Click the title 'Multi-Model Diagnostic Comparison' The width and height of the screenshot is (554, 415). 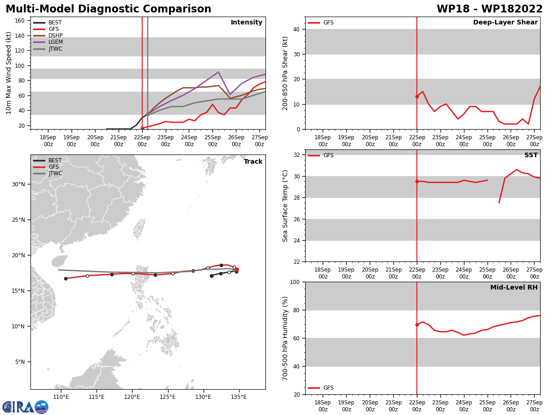[x=108, y=9]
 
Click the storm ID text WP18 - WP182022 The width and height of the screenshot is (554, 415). [x=489, y=9]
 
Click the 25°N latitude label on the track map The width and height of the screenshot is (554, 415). [x=18, y=220]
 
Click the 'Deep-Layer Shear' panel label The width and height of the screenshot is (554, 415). [x=505, y=23]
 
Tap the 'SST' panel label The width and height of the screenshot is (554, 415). [x=530, y=155]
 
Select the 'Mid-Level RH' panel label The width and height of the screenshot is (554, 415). [x=513, y=288]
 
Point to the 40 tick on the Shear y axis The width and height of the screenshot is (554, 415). [x=296, y=30]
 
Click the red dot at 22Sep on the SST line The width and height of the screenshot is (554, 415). [x=417, y=182]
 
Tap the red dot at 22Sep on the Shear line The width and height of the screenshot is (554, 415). [x=417, y=96]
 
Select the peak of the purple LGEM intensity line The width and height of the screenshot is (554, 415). [x=218, y=72]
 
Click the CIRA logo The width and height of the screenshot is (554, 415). [x=25, y=407]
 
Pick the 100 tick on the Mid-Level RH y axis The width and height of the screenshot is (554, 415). [x=294, y=282]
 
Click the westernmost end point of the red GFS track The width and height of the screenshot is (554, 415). [x=66, y=279]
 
